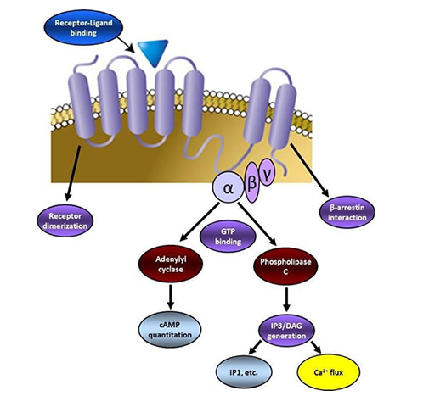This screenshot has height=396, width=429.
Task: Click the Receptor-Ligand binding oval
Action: click(x=83, y=28)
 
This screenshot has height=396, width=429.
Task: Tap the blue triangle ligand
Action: click(x=153, y=51)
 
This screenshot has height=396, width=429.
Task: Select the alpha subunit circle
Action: click(x=228, y=187)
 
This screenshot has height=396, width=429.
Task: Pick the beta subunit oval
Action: click(x=251, y=182)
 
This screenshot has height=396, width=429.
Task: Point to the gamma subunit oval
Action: click(x=267, y=172)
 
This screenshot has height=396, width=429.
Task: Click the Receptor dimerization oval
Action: click(x=65, y=220)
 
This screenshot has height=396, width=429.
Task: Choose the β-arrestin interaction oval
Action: click(x=347, y=212)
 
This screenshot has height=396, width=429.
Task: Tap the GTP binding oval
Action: click(x=228, y=237)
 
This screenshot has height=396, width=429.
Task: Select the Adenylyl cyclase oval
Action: click(x=171, y=264)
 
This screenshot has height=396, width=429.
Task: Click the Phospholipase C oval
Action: click(x=285, y=266)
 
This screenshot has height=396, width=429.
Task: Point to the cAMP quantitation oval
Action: click(x=170, y=330)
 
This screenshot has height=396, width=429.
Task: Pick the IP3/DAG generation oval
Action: click(x=286, y=331)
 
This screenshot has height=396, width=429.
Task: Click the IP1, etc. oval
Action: click(x=244, y=372)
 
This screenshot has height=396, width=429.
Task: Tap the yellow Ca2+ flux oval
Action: click(x=329, y=372)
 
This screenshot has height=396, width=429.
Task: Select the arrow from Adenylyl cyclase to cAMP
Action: click(x=171, y=297)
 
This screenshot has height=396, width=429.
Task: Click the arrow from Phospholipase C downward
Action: click(x=286, y=299)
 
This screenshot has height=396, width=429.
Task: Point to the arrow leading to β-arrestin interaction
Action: click(x=309, y=170)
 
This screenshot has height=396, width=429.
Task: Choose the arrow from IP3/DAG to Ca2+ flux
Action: click(x=316, y=347)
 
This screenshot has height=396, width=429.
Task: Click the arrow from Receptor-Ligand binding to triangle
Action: click(x=127, y=44)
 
